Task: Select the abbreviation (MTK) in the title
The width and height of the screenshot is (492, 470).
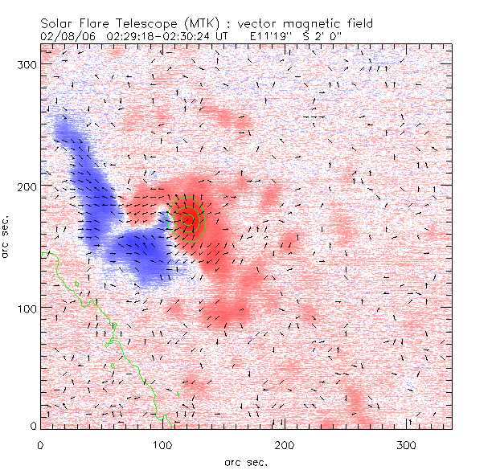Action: coord(193,23)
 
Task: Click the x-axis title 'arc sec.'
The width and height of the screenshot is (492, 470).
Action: coord(245,461)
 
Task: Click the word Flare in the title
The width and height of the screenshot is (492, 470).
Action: coord(92,23)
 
